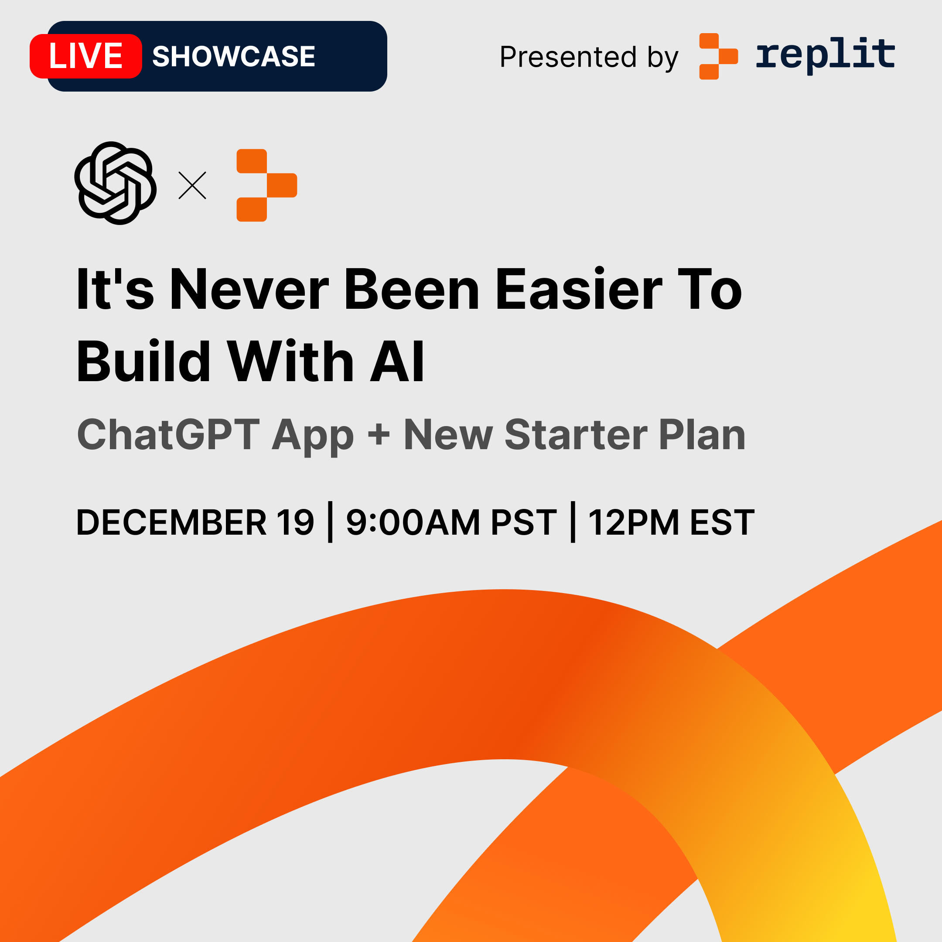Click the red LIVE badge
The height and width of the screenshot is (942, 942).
coord(86,56)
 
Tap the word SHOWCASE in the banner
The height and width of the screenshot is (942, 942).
coord(234,56)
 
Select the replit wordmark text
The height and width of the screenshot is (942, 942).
coord(825,55)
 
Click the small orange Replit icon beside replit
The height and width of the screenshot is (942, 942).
coord(718,56)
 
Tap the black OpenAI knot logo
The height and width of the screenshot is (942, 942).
coord(116,183)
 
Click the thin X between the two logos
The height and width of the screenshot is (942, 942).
coord(192,185)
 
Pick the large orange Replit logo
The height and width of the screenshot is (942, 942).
coord(267,185)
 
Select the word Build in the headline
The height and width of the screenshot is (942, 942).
coord(143,361)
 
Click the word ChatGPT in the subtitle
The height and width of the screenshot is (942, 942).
coord(168,434)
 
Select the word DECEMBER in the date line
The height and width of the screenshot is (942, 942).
coord(172,522)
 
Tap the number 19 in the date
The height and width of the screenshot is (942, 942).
coord(296,522)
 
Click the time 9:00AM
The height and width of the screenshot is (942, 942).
coord(413,522)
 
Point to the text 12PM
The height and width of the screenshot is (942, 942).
coord(633,522)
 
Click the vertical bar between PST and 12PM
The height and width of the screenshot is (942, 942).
coord(573,522)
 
